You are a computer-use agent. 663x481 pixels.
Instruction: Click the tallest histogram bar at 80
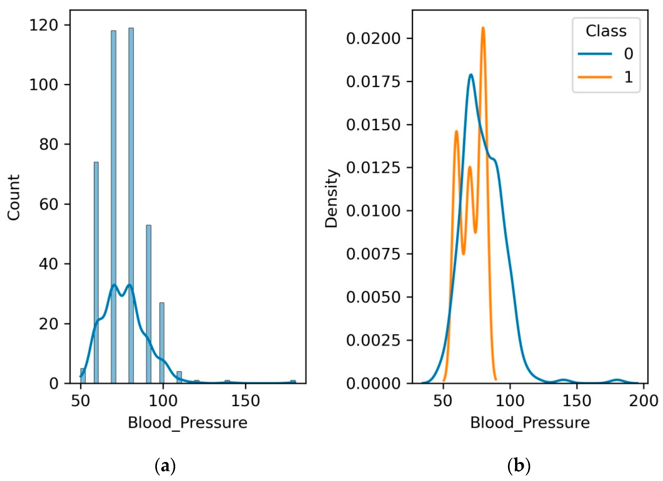pyautogui.click(x=131, y=205)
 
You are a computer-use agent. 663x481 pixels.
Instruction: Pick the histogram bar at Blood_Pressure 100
pyautogui.click(x=162, y=342)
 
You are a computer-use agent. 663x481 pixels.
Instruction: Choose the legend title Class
pyautogui.click(x=606, y=31)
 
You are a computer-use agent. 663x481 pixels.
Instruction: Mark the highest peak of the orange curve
pyautogui.click(x=483, y=28)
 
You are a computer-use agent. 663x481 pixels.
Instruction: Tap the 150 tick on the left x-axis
pyautogui.click(x=245, y=401)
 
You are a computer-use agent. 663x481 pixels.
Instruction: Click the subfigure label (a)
pyautogui.click(x=165, y=465)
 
